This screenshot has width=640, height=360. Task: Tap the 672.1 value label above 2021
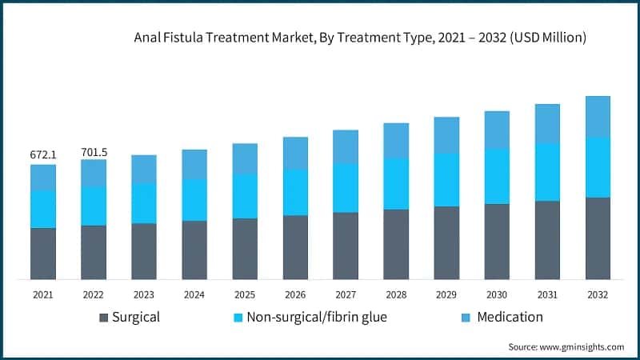[43, 154]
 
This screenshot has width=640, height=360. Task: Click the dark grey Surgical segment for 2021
[43, 254]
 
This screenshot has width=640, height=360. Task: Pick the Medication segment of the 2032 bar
[598, 117]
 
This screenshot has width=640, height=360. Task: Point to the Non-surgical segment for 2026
[295, 192]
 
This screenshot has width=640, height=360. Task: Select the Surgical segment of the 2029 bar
[446, 242]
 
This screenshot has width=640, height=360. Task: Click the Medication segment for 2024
[194, 164]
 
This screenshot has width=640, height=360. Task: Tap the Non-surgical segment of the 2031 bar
[547, 172]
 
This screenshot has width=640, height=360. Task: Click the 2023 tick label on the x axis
[144, 294]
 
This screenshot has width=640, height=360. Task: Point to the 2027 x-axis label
[346, 294]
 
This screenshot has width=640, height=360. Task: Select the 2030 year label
[497, 294]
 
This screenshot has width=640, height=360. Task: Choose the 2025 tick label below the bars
[245, 294]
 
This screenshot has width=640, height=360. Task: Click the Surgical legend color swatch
[103, 318]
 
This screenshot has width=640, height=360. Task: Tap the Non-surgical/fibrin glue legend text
[318, 318]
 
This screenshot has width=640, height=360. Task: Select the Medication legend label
[510, 318]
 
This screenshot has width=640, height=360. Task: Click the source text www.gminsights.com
[566, 347]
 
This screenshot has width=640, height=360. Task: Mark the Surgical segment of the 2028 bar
[396, 244]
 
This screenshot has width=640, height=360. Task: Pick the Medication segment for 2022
[94, 174]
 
